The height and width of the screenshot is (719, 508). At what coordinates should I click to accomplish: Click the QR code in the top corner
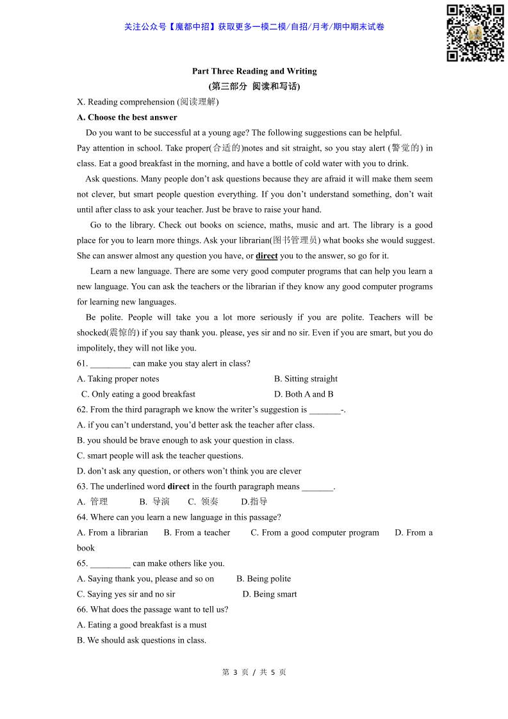point(475,33)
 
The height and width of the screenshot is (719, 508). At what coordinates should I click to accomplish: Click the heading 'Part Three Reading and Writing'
point(254,71)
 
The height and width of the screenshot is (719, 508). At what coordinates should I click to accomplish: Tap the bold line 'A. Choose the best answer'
point(127,117)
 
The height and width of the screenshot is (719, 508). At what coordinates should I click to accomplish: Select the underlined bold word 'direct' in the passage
point(266,256)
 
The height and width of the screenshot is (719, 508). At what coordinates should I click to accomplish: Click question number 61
point(81,363)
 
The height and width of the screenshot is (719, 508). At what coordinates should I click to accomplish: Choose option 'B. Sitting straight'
point(306,379)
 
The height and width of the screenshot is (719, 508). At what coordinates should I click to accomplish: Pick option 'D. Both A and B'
point(304,394)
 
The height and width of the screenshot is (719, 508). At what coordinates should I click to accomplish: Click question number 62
point(81,409)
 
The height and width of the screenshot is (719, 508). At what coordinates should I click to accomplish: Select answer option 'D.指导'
point(254,502)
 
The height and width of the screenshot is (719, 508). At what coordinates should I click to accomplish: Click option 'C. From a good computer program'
point(315,533)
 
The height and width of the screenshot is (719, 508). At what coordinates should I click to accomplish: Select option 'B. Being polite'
point(263,579)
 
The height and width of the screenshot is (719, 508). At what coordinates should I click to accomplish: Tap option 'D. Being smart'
point(270,594)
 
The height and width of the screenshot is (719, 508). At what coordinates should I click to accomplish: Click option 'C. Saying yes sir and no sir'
point(126,594)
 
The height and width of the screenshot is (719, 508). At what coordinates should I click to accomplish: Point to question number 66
point(81,609)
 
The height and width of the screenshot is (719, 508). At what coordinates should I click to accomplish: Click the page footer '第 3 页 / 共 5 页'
point(254,672)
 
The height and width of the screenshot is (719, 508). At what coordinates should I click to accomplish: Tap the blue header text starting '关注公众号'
point(254,27)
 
